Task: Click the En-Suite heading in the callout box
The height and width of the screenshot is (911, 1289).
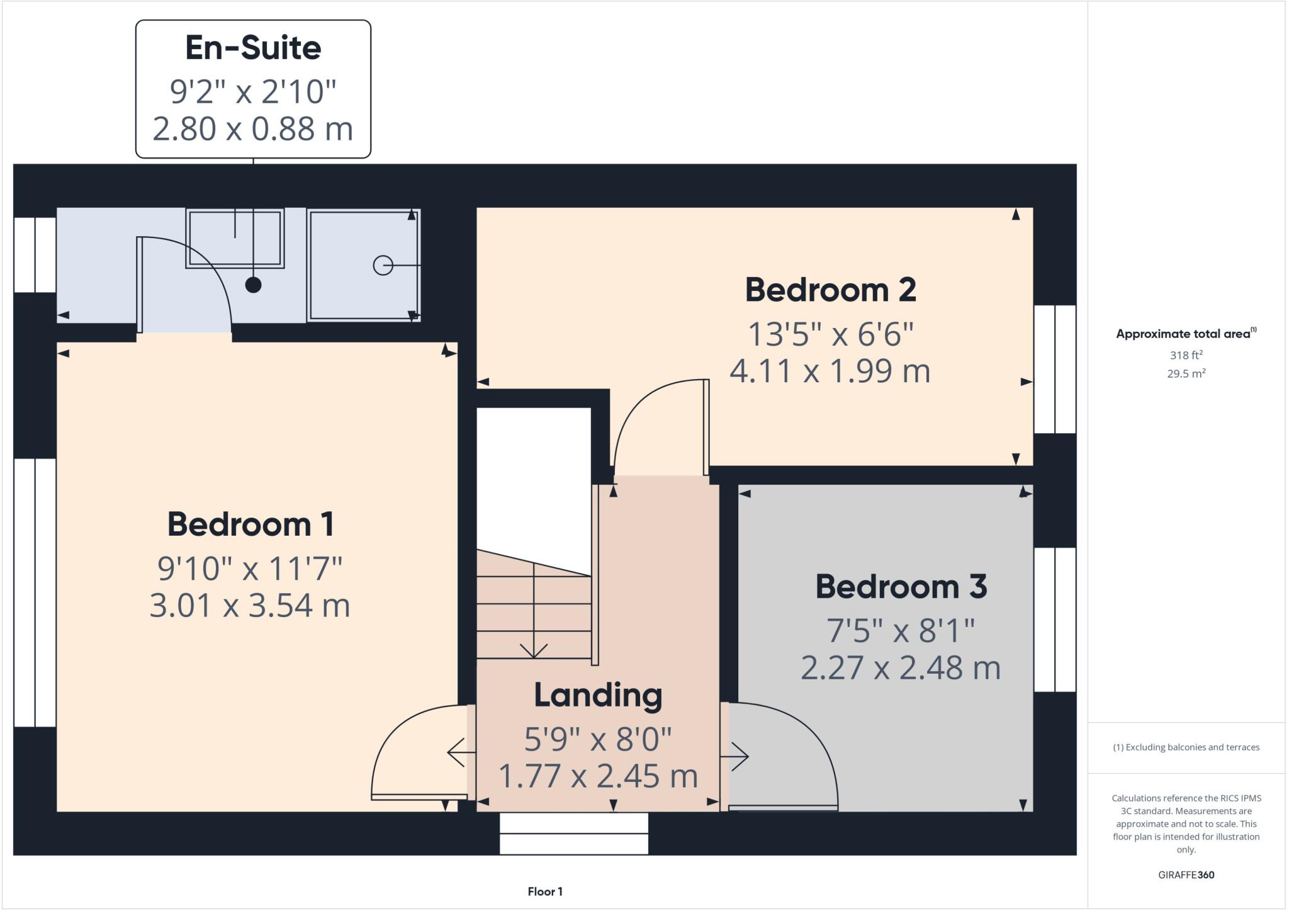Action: (x=253, y=48)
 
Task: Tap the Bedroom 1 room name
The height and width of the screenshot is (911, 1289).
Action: (x=250, y=524)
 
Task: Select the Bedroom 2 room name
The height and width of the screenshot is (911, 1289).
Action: (x=830, y=290)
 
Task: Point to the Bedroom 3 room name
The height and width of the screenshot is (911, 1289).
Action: (x=901, y=587)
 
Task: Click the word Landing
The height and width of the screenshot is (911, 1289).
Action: (x=598, y=696)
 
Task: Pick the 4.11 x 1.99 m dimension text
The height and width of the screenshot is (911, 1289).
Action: (x=830, y=371)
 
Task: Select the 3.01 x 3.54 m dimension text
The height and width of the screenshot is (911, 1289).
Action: (x=250, y=606)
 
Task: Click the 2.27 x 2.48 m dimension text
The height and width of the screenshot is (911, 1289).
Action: (x=900, y=668)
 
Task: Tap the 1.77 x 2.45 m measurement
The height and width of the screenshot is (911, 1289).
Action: (x=598, y=776)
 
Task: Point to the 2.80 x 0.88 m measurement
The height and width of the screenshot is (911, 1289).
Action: (x=253, y=129)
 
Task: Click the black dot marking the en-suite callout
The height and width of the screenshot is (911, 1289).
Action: (x=253, y=285)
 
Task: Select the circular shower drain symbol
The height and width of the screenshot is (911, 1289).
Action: (x=383, y=266)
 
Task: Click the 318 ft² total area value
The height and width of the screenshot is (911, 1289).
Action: (x=1186, y=355)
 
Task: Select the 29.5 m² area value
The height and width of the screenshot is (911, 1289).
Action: (x=1186, y=373)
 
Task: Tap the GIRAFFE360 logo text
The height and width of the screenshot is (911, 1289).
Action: (x=1186, y=874)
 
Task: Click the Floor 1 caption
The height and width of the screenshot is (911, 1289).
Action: (x=545, y=891)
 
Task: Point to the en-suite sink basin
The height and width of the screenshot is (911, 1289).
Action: (x=235, y=238)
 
